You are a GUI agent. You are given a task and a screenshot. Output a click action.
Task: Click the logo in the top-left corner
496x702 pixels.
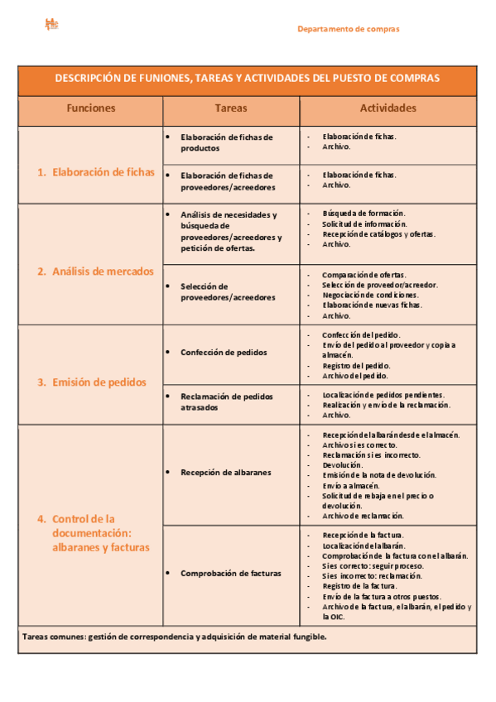(51, 26)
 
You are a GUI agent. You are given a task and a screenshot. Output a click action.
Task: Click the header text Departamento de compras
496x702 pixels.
(348, 29)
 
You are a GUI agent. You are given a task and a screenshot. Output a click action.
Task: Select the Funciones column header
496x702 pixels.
(91, 108)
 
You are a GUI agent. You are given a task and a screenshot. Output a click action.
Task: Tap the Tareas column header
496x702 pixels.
(230, 108)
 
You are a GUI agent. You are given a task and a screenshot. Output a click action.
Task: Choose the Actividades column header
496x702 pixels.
(388, 108)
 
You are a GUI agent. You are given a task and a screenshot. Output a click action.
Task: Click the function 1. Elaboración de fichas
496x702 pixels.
(96, 172)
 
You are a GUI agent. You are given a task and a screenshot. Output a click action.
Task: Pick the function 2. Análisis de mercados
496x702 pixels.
(95, 271)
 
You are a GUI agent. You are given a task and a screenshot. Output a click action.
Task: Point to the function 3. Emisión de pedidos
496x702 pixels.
(92, 382)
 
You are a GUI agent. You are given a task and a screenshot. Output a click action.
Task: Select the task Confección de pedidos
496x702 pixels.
(224, 352)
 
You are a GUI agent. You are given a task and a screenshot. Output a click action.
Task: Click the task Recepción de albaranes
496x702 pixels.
(225, 473)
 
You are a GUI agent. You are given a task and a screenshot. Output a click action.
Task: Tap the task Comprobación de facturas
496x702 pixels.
(230, 573)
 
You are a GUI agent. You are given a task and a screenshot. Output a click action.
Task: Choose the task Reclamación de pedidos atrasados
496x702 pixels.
(226, 401)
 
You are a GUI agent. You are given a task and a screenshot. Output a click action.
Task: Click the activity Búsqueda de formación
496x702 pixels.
(364, 214)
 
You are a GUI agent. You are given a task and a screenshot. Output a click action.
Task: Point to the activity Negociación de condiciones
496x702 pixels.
(370, 295)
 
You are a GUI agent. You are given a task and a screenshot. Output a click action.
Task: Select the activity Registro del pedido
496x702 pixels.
(356, 365)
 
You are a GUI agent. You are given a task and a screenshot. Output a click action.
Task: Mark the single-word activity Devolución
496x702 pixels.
(342, 465)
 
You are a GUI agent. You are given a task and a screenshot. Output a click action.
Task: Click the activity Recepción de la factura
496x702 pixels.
(363, 536)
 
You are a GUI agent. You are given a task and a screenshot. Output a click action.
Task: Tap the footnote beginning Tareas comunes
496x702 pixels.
(175, 637)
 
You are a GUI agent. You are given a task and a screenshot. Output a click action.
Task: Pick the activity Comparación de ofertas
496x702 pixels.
(364, 275)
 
